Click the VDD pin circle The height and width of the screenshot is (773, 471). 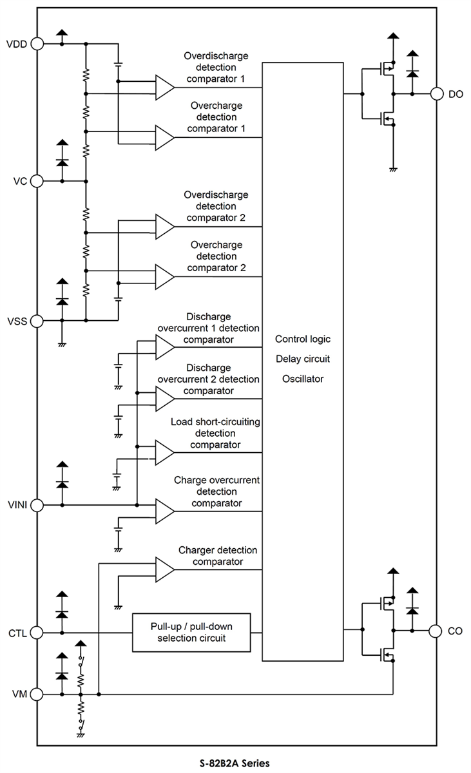tap(37, 44)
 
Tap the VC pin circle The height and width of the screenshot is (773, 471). tap(37, 181)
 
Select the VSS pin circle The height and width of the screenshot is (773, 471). tap(37, 320)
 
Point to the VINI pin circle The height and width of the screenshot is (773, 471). tap(37, 506)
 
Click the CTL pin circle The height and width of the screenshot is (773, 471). tap(37, 633)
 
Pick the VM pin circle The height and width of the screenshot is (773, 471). tap(37, 694)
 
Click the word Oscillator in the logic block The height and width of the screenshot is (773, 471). tap(302, 379)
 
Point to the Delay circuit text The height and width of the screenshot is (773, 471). tap(302, 359)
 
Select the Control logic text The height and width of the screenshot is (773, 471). tap(302, 339)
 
